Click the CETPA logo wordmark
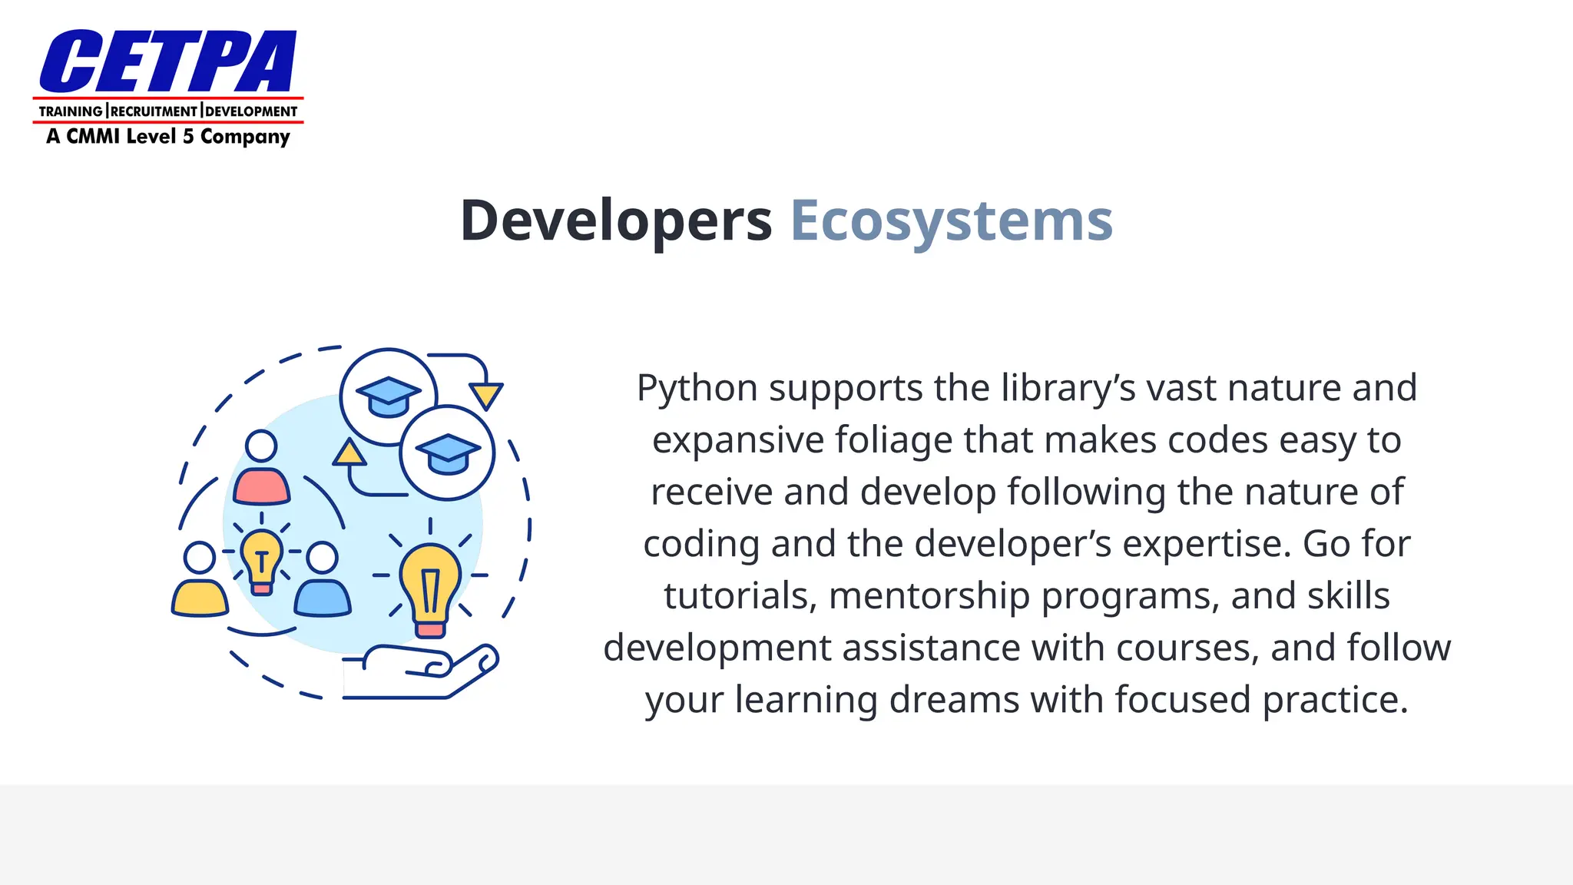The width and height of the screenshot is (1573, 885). [x=167, y=61]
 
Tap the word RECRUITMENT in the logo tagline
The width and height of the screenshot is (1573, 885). [x=154, y=111]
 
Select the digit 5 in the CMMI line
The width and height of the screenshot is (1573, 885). [x=188, y=137]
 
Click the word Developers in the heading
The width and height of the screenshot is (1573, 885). [x=616, y=221]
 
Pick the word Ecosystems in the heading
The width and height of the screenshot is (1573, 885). [x=952, y=221]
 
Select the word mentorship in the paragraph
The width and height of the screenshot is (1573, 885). [x=929, y=596]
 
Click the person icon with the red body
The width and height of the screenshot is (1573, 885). [x=261, y=468]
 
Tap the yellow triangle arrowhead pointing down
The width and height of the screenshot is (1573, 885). [x=486, y=396]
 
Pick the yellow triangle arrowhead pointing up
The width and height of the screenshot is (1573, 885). [x=349, y=452]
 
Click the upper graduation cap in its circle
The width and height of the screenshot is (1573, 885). [x=389, y=396]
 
